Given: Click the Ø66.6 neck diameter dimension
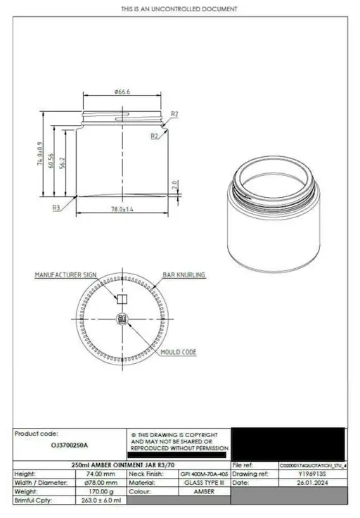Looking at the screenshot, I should [x=124, y=91].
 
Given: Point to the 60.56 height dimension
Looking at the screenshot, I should [x=51, y=163].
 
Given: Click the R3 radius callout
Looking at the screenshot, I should [x=56, y=208].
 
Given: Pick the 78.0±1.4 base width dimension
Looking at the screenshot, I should [x=124, y=210].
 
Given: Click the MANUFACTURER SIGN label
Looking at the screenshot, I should [x=65, y=275].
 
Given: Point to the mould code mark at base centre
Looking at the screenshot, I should [x=122, y=320].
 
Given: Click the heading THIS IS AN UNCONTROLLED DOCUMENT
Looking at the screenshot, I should [x=179, y=9].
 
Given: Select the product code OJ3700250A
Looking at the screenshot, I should [x=70, y=446].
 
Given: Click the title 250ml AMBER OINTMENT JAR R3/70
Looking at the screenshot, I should [x=123, y=465].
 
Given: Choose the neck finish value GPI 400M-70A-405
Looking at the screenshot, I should [x=204, y=475].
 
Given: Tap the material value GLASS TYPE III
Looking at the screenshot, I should [x=204, y=484].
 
